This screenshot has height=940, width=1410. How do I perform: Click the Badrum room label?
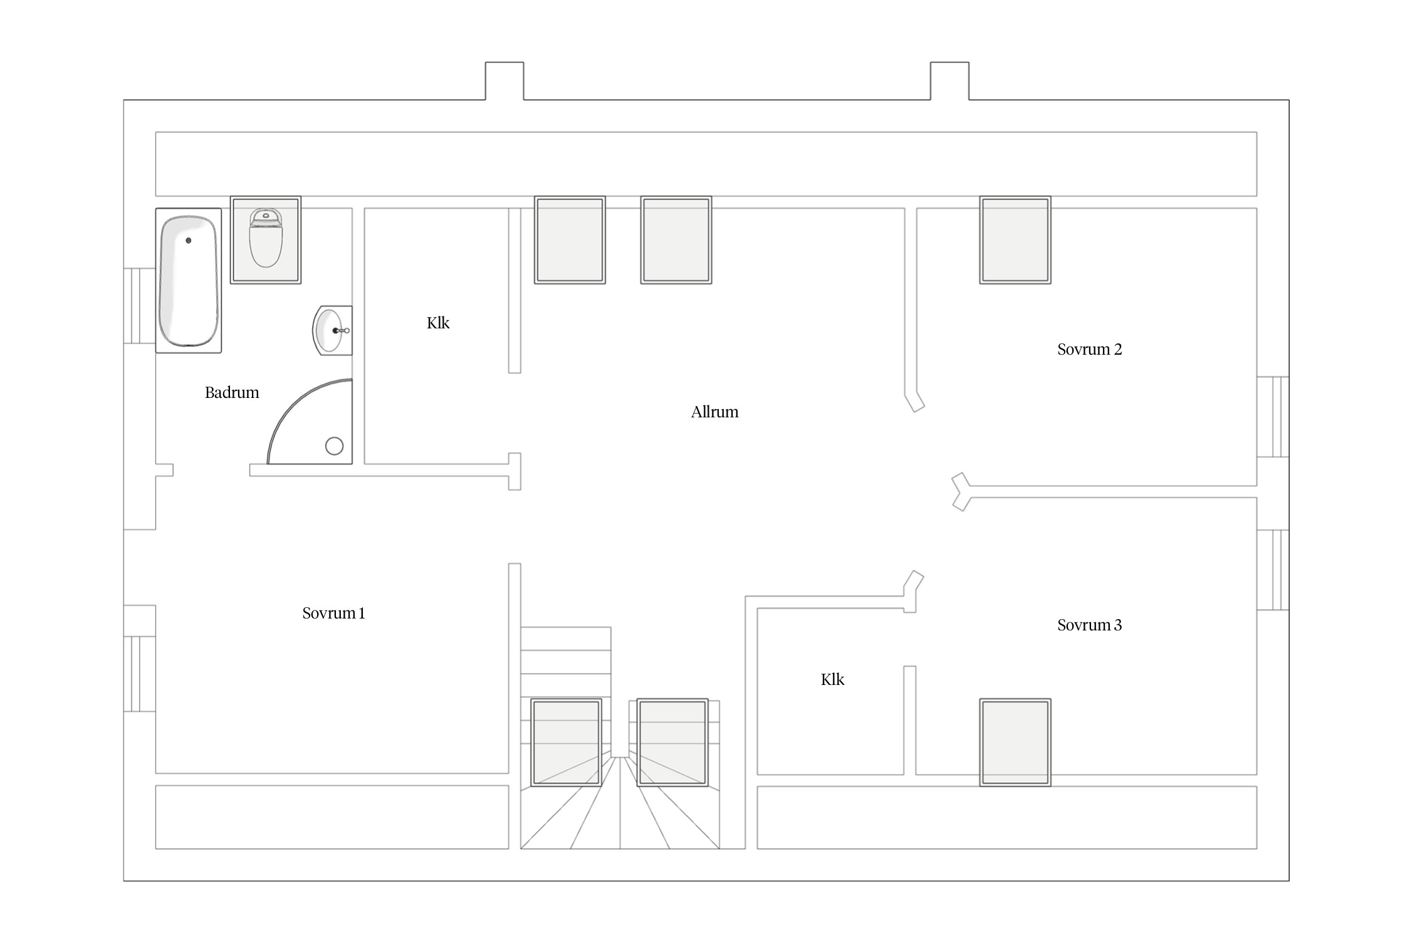232,393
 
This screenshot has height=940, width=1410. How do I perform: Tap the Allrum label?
714,412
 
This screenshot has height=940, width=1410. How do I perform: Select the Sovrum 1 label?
333,614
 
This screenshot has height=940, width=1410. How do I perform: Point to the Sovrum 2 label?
1089,350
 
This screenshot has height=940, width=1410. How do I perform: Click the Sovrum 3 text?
1089,625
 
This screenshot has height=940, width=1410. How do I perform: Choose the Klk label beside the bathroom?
438,323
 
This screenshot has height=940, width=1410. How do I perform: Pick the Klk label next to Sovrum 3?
832,680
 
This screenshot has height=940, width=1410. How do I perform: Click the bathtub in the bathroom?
189,281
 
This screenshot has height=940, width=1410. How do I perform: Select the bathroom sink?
332,331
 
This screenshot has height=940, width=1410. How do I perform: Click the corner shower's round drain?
335,446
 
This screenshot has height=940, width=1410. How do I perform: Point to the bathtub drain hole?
189,240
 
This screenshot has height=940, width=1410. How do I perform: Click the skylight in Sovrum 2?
1015,240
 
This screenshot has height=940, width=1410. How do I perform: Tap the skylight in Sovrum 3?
1015,743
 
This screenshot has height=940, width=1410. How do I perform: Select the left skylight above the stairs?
567,743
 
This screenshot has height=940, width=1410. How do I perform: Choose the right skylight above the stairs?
672,743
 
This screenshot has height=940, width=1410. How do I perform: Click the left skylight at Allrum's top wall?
570,240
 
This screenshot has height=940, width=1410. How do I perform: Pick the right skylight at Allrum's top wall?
676,240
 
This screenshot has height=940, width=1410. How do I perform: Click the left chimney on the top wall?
504,81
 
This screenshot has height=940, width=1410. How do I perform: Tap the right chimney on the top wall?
949,81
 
